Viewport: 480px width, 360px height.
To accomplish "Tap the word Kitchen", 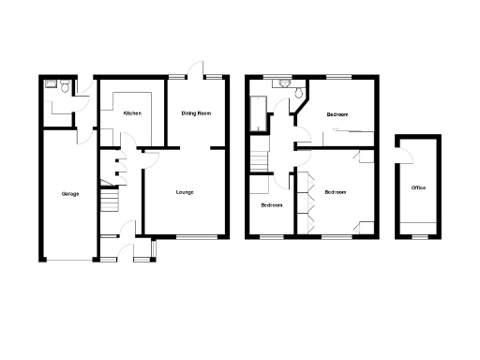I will [x=132, y=112].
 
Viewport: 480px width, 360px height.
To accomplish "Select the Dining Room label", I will [x=196, y=112].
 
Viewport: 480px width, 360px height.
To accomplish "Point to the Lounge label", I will [x=185, y=193].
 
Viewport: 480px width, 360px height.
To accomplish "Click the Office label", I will [x=418, y=188].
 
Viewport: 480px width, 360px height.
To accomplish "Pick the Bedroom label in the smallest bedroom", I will [x=272, y=204].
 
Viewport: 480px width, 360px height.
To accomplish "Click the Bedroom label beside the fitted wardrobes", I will [x=336, y=192].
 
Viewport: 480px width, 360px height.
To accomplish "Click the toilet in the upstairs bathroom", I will [x=296, y=92].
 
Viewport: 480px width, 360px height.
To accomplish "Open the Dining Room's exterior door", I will [x=194, y=71].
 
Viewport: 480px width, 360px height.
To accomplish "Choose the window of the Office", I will [x=418, y=236].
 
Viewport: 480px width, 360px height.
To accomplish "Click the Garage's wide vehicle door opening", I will [x=67, y=259].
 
